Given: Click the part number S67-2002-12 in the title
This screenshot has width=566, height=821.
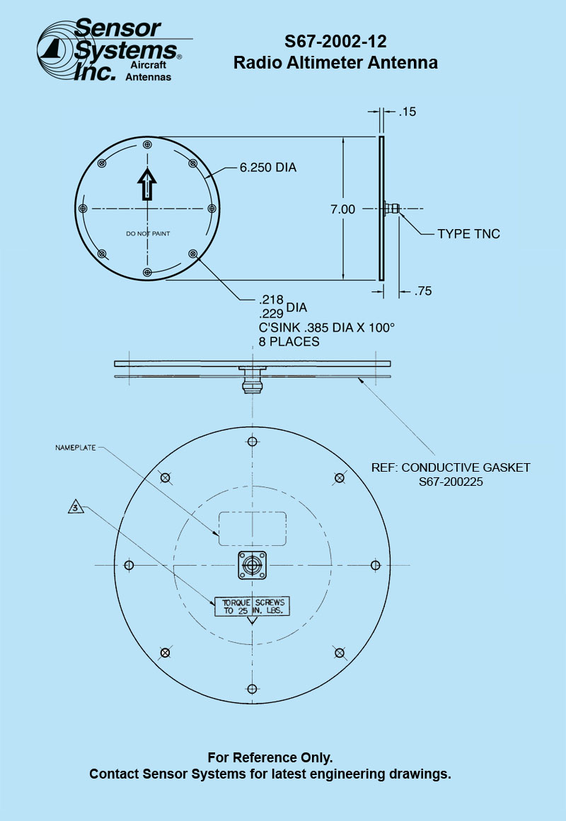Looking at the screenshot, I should click(335, 41).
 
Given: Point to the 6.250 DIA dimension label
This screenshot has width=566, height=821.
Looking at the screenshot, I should click(267, 168).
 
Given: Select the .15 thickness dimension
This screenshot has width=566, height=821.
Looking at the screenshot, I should click(408, 112).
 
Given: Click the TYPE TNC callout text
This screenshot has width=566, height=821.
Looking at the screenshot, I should click(468, 234).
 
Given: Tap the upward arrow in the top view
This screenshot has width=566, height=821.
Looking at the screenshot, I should click(146, 184).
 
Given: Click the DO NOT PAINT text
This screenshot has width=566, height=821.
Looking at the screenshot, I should click(148, 233).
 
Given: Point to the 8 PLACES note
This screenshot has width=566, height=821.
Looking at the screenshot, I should click(289, 342).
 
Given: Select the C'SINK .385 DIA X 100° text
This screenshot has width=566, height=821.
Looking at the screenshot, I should click(327, 328).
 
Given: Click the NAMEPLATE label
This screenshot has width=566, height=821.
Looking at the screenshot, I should click(76, 448).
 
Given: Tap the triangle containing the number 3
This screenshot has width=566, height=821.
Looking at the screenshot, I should click(76, 507).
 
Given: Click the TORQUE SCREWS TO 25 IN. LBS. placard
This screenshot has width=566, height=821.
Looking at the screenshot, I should click(253, 606).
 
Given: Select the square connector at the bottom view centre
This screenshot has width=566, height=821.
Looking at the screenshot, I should click(253, 566).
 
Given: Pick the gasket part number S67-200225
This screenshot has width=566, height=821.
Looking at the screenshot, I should click(451, 481).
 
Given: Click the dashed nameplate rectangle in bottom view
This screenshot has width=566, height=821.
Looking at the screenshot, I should click(252, 528).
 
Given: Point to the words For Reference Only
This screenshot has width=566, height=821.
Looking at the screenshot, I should click(270, 757).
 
